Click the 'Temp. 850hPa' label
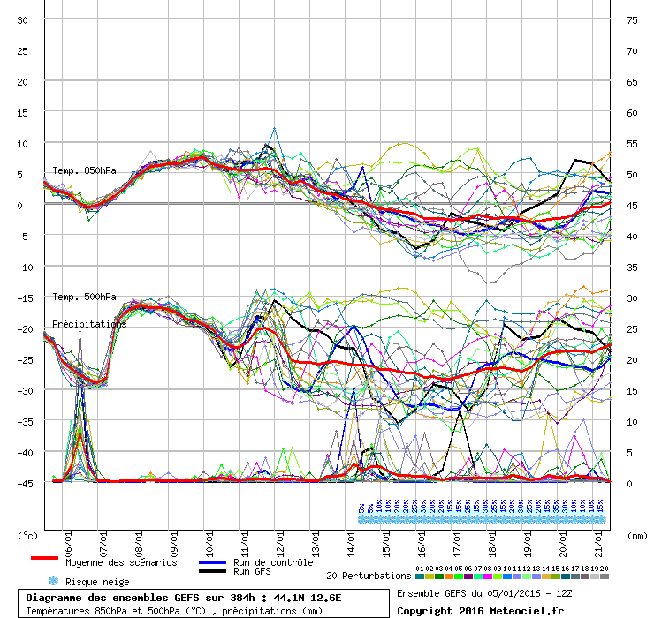84,170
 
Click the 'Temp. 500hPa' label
84,297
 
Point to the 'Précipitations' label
89,324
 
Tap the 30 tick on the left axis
23,20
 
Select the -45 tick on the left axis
23,483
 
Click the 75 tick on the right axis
632,20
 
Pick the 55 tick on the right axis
632,144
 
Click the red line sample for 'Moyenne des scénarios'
45,558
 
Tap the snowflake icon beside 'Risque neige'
53,581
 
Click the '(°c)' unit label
29,535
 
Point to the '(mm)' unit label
635,535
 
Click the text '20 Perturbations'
369,576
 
